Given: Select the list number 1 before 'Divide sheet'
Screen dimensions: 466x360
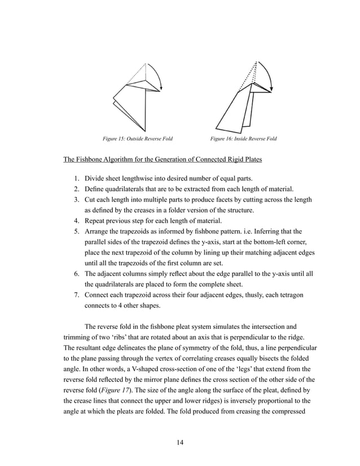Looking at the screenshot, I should (76, 179).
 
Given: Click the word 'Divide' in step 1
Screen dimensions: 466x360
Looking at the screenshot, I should (95, 179).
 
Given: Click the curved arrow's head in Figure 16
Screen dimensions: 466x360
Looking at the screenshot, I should (273, 88).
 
